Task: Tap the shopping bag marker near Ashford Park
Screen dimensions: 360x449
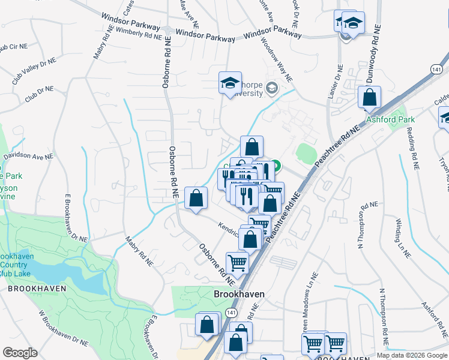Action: pyautogui.click(x=370, y=97)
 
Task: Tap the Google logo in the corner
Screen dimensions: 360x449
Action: pyautogui.click(x=20, y=352)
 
